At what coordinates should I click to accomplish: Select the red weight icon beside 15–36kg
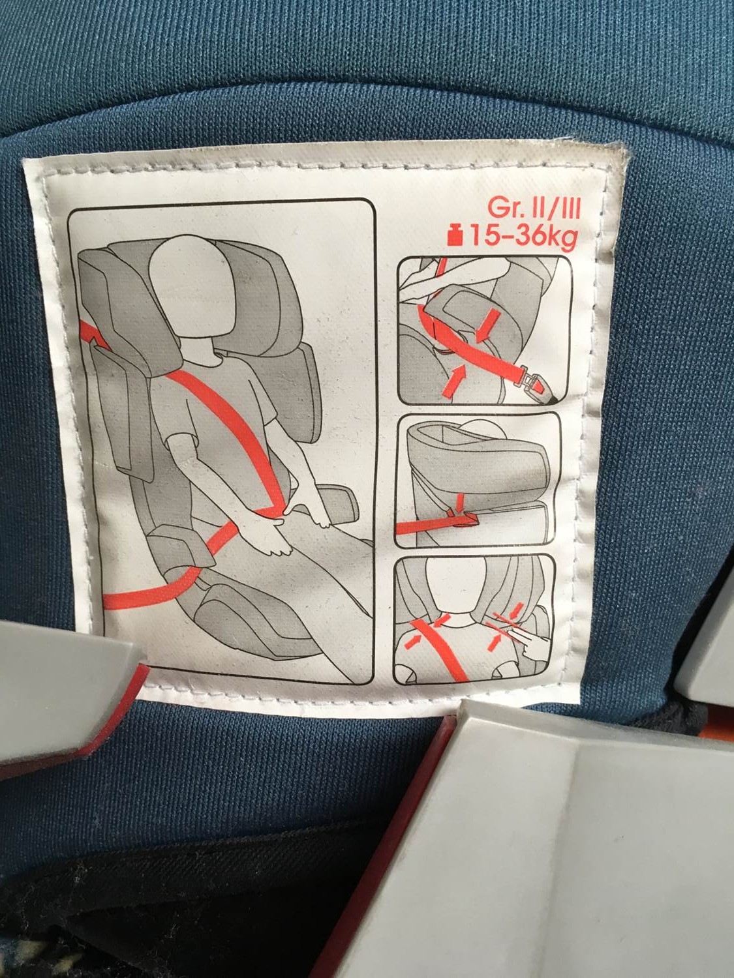pos(456,236)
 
